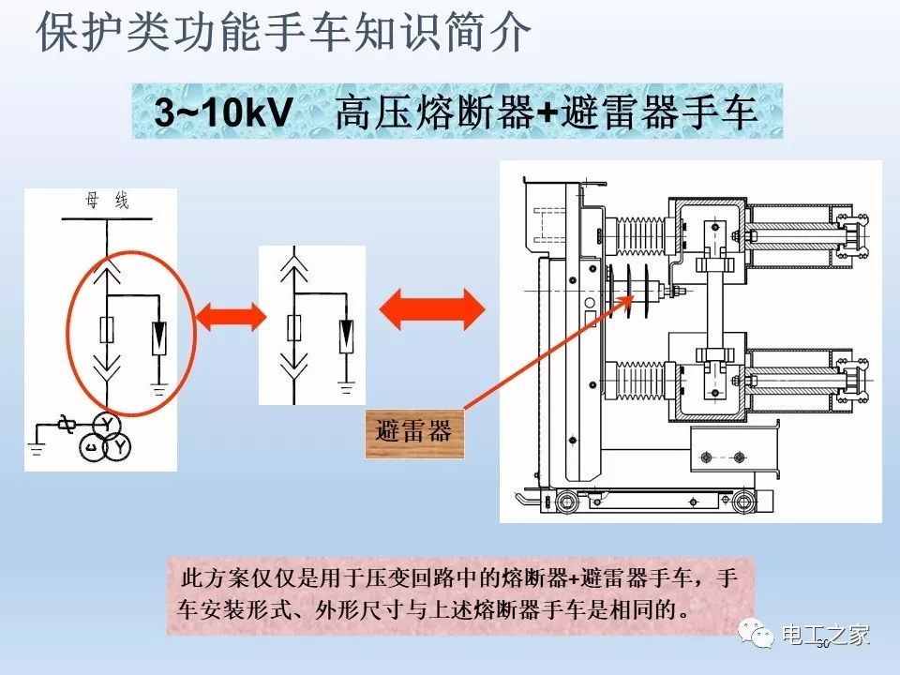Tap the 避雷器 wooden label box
pos(412,430)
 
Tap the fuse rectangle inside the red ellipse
pos(107,330)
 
